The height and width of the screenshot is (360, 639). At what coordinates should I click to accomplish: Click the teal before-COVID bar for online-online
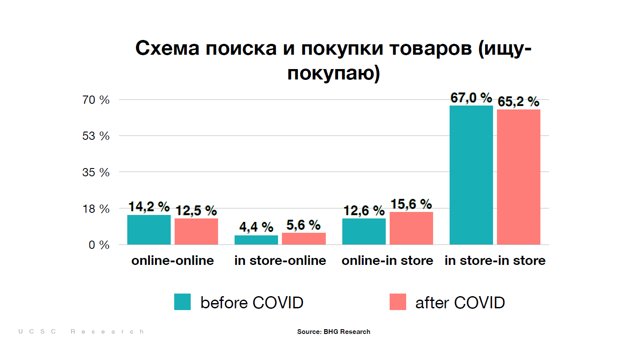pos(149,230)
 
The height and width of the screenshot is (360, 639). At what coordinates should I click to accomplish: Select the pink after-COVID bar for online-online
pos(196,231)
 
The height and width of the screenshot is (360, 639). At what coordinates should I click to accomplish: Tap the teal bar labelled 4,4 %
pos(256,240)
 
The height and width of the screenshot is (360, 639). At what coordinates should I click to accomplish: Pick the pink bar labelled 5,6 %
pos(304,238)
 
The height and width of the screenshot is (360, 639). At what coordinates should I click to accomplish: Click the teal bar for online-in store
pos(364,231)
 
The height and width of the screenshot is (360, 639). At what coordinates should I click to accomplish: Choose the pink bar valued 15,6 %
pos(411,228)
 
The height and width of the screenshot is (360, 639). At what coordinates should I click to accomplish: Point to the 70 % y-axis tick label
pos(96,100)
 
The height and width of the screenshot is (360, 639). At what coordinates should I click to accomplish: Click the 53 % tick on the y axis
pos(96,136)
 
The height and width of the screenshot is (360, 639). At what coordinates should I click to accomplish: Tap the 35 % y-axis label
pos(96,172)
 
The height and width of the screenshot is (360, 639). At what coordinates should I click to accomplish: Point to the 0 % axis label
pos(99,245)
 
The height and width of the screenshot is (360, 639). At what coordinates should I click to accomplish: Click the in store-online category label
pos(280,261)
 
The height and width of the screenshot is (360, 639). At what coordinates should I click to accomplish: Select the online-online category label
pos(173,261)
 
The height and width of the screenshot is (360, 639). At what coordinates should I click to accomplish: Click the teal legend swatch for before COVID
pos(182,302)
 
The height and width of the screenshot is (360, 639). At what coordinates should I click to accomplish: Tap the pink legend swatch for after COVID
pos(398,302)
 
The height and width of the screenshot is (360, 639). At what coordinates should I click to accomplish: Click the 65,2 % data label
pos(518,102)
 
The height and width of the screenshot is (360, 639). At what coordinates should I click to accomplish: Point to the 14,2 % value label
pos(149,207)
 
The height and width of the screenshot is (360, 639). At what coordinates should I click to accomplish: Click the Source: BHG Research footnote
pos(334,332)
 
